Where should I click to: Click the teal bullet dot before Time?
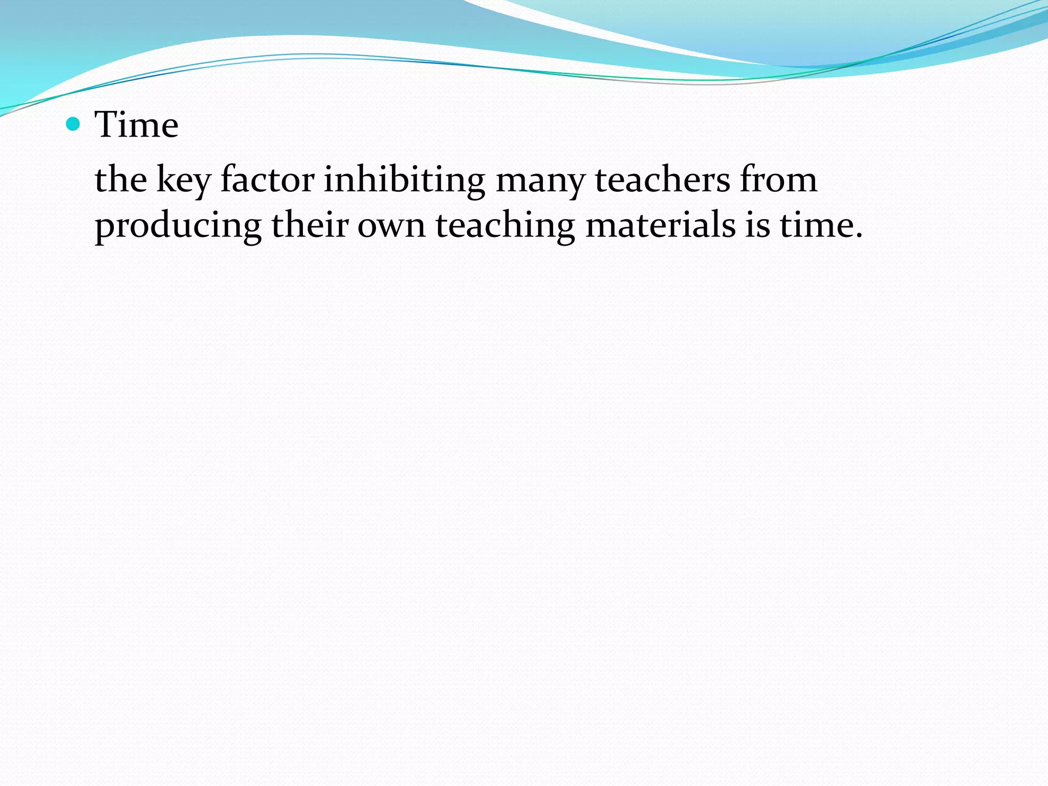tap(74, 124)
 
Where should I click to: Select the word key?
tap(183, 181)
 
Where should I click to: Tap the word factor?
tap(267, 180)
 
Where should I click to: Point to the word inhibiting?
tap(404, 181)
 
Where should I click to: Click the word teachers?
tap(662, 180)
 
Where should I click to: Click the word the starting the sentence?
tap(121, 180)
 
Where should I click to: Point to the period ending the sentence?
tap(858, 236)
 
